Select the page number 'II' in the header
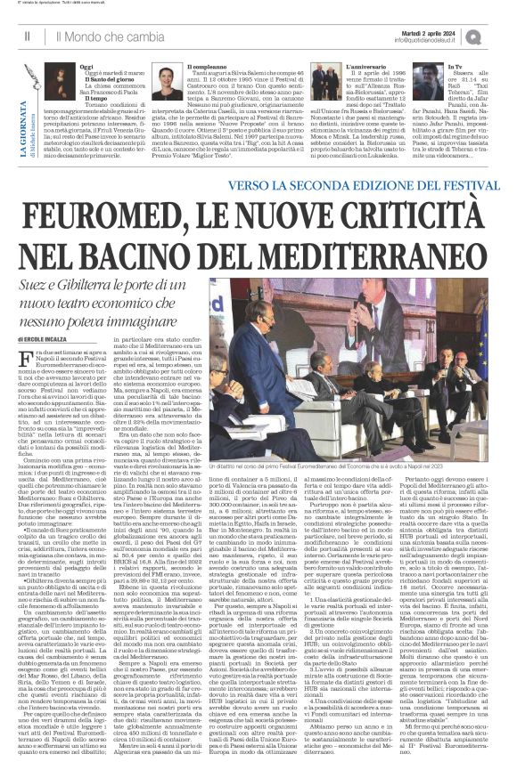coord(29,36)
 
